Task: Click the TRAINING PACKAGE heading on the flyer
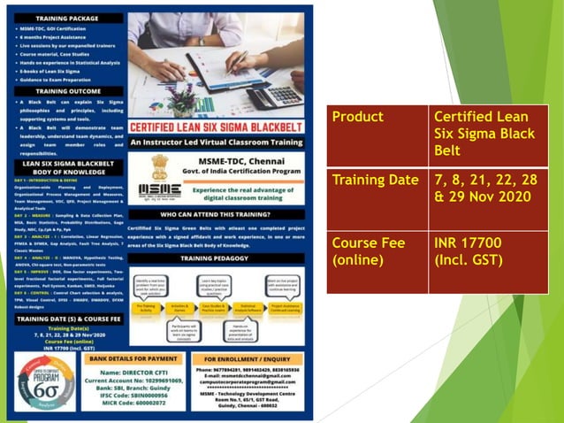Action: click(x=73, y=17)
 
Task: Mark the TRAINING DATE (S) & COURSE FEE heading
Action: click(x=73, y=318)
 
